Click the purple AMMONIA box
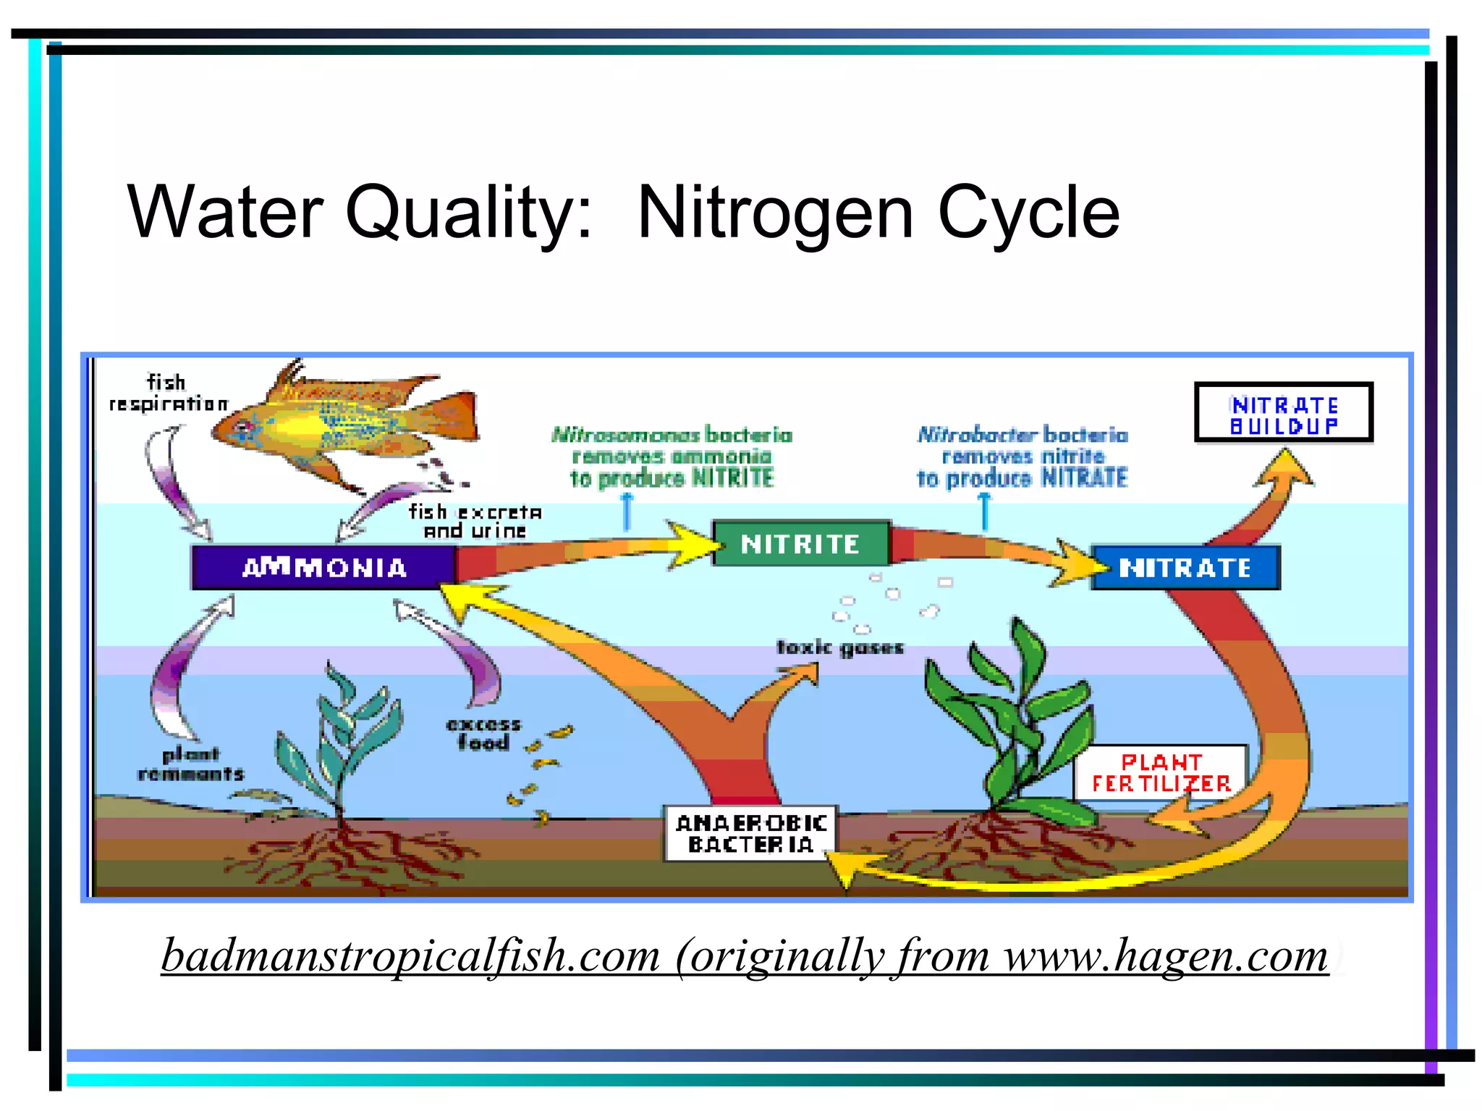[323, 568]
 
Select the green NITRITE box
[800, 543]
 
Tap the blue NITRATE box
[1185, 568]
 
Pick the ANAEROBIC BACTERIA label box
[750, 834]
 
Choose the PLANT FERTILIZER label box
[1161, 772]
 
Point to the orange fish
[347, 426]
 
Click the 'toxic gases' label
[840, 647]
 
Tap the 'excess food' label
[483, 733]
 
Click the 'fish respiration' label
[168, 393]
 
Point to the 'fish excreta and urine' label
[475, 522]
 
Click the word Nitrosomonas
[625, 435]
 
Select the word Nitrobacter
[977, 435]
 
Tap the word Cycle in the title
[1028, 213]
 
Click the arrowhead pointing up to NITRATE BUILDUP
[1284, 467]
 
